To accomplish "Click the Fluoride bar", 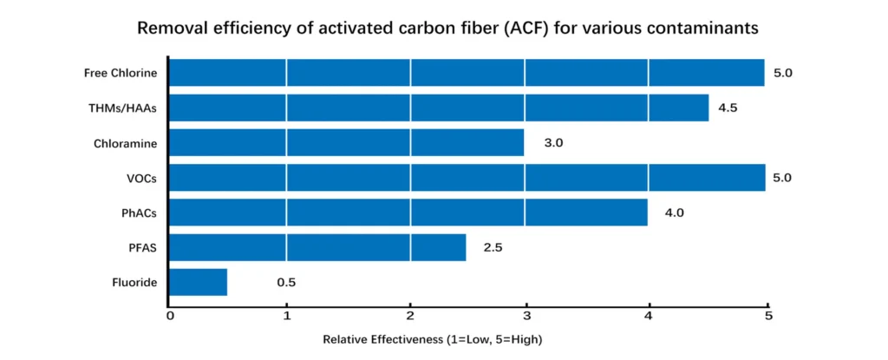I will (198, 282).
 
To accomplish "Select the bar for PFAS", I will (317, 247).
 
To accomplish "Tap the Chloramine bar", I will (346, 142).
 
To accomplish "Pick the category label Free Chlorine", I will (121, 73).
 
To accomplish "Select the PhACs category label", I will (139, 213).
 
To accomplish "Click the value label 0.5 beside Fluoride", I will (287, 282).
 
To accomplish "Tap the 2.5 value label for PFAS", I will (493, 247).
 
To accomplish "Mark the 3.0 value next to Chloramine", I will (553, 142).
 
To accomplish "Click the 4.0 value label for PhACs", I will (675, 213).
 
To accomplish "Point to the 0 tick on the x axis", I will (170, 315).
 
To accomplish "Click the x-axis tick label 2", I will (410, 315).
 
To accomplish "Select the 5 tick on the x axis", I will (767, 315).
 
